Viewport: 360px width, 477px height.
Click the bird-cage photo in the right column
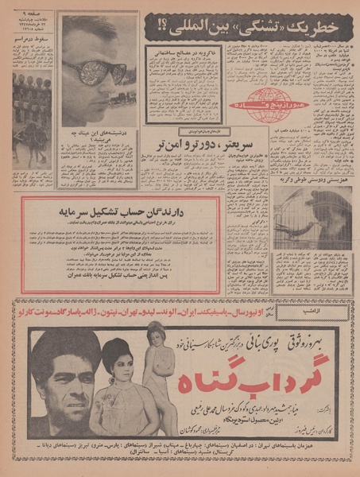pyautogui.click(x=313, y=218)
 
